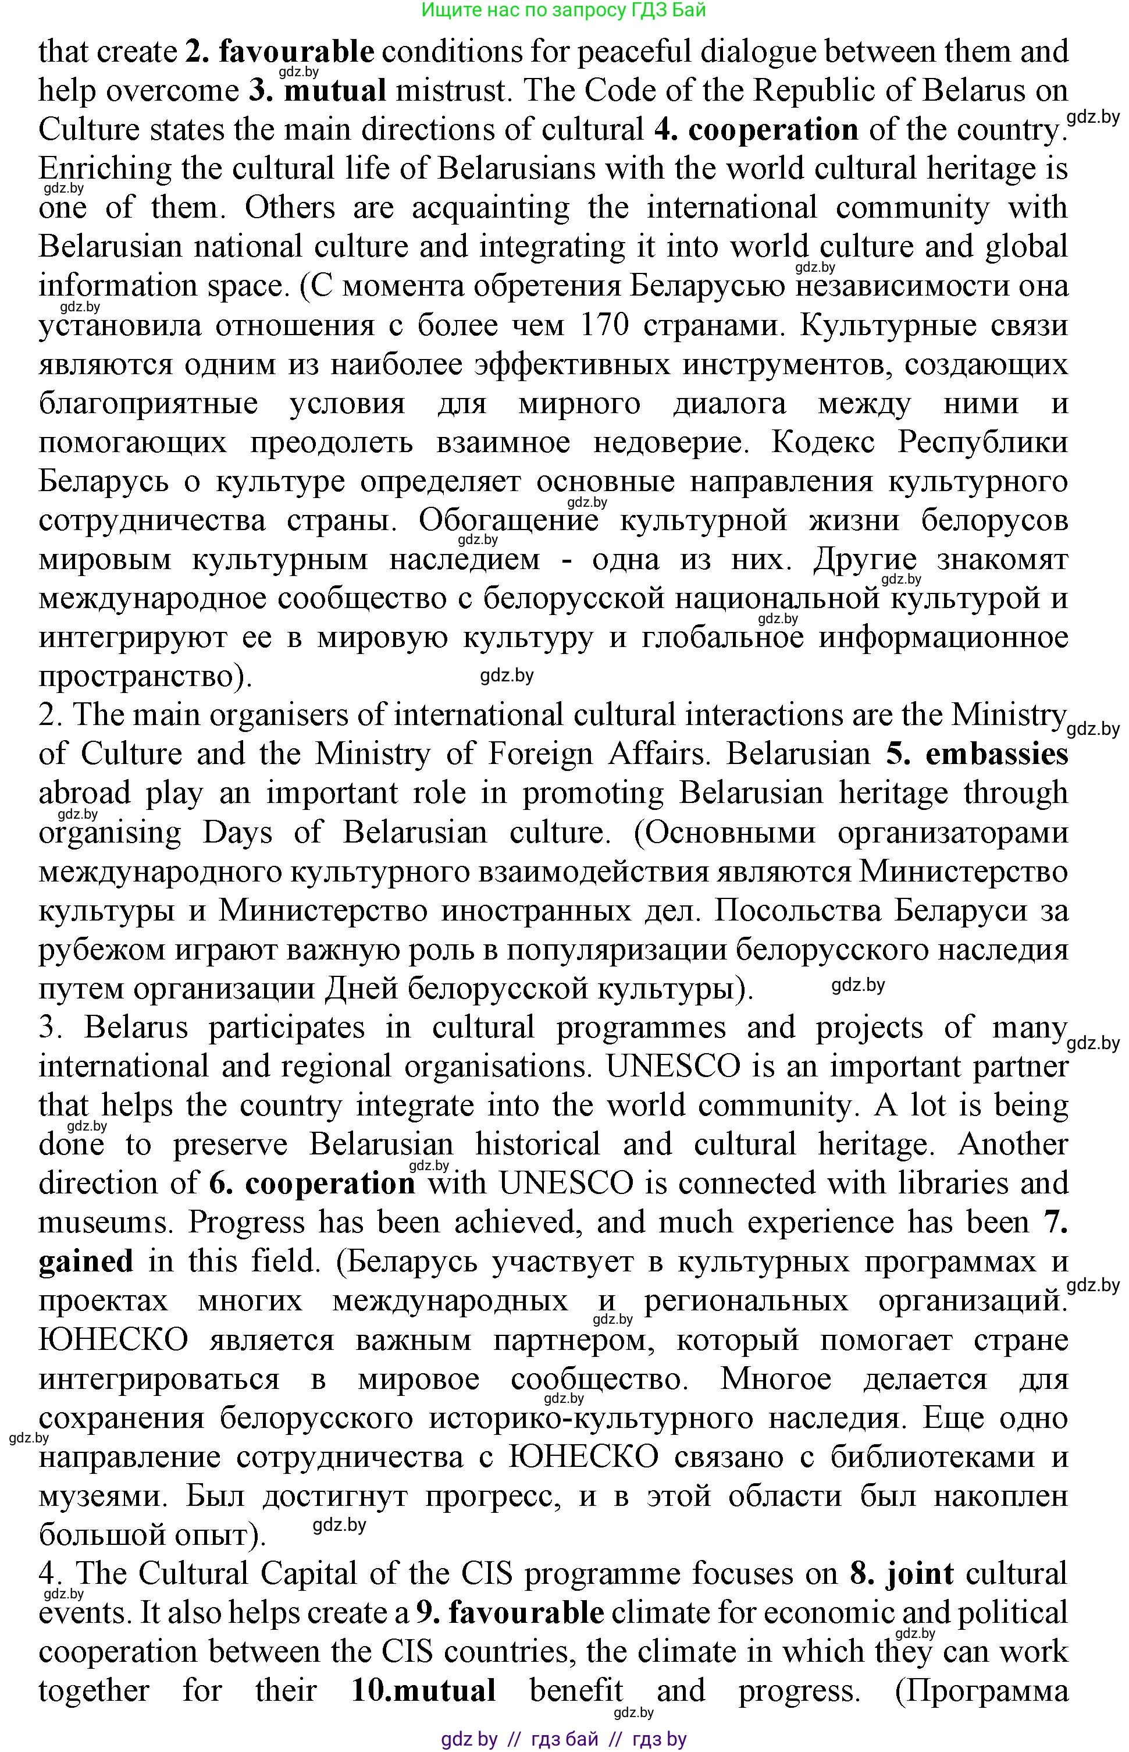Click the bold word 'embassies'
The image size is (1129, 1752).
pyautogui.click(x=996, y=755)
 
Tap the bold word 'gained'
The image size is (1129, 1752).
pyautogui.click(x=86, y=1261)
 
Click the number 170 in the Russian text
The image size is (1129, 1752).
pyautogui.click(x=603, y=325)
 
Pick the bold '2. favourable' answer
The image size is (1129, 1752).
pyautogui.click(x=279, y=52)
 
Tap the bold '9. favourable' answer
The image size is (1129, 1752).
pyautogui.click(x=510, y=1613)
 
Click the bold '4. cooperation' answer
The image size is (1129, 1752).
pyautogui.click(x=756, y=130)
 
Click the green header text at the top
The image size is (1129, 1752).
pyautogui.click(x=564, y=10)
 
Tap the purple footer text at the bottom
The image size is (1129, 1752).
pyautogui.click(x=564, y=1739)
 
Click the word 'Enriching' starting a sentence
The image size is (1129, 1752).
pyautogui.click(x=105, y=169)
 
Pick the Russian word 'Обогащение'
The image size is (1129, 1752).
pyautogui.click(x=510, y=521)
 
